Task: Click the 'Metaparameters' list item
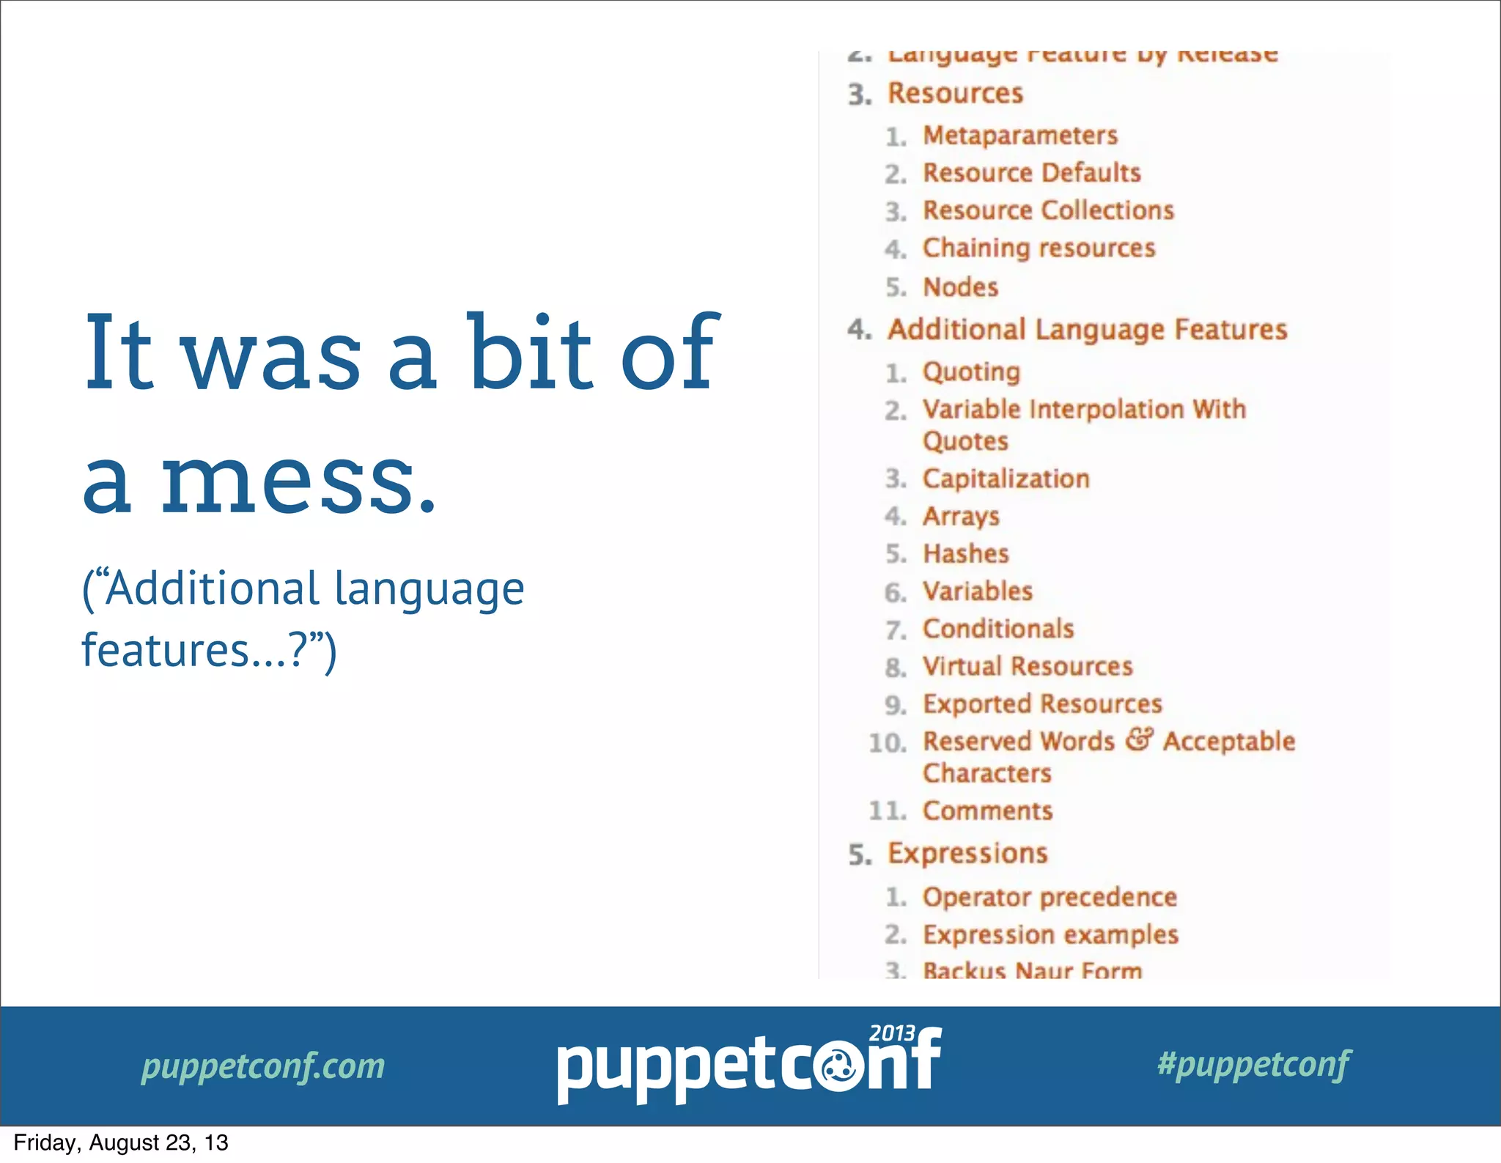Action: point(1019,136)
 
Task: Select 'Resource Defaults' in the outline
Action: point(1031,173)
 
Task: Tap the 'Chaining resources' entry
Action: point(1039,248)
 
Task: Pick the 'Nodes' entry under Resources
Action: point(960,287)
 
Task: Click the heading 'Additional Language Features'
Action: point(1087,330)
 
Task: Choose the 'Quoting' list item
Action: point(971,372)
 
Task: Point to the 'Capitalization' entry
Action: point(1006,479)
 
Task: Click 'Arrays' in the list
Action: point(961,517)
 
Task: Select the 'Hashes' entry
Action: point(965,554)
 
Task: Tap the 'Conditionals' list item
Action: point(998,629)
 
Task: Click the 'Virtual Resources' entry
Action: point(1028,666)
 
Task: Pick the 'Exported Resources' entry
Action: point(1042,704)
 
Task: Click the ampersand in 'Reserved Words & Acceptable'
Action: point(1139,739)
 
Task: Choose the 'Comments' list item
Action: point(987,811)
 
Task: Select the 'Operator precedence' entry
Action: point(1050,898)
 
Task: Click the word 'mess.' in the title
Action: point(298,480)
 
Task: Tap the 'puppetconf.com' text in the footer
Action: point(263,1066)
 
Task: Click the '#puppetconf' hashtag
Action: point(1254,1064)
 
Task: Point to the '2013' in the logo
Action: point(891,1033)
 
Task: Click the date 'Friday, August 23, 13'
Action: point(121,1143)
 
